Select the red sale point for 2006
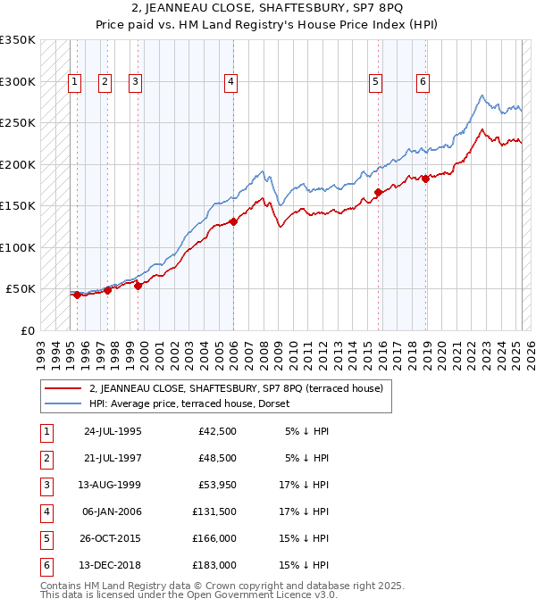pyautogui.click(x=233, y=221)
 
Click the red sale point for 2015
pyautogui.click(x=379, y=192)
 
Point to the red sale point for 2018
pyautogui.click(x=426, y=179)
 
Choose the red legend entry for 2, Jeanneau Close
pyautogui.click(x=236, y=388)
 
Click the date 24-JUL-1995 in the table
pyautogui.click(x=112, y=431)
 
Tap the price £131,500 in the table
pyautogui.click(x=217, y=511)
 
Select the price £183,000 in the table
pyautogui.click(x=217, y=565)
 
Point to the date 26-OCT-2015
pyautogui.click(x=112, y=538)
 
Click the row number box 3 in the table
pyautogui.click(x=46, y=485)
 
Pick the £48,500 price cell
pyautogui.click(x=217, y=458)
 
